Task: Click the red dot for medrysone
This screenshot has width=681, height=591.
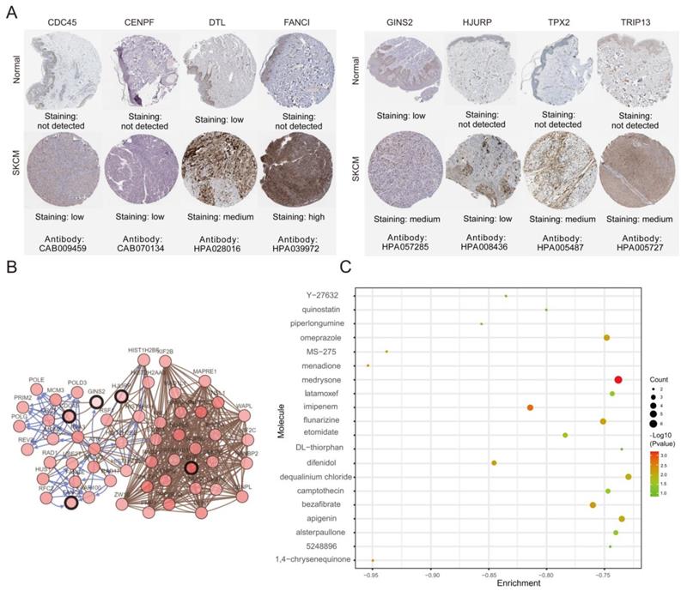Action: pos(617,379)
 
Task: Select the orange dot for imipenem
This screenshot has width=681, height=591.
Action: pos(530,407)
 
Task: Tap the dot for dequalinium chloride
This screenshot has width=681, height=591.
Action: pos(629,477)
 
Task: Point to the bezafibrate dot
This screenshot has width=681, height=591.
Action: pos(593,505)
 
